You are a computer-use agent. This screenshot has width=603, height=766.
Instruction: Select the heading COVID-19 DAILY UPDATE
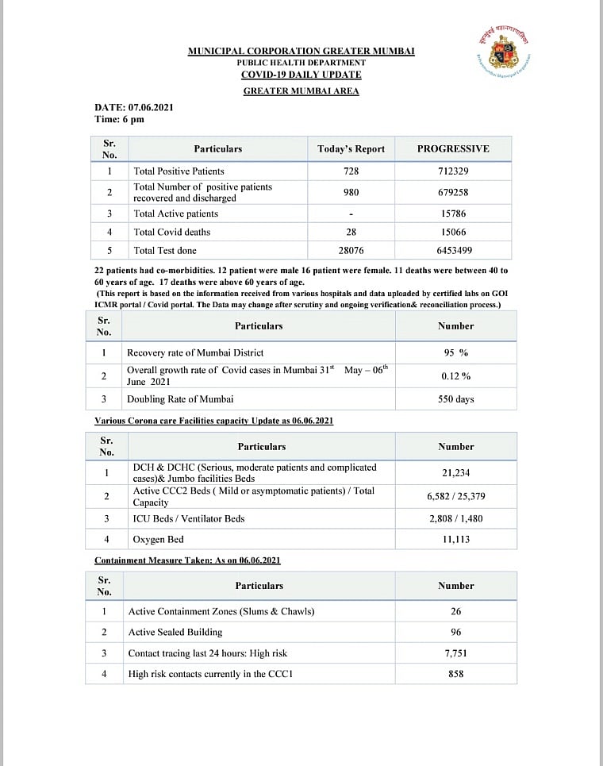click(301, 75)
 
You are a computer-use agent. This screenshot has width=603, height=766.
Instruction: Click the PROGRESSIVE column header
click(453, 148)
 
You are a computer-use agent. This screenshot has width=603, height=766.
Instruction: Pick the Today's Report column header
click(351, 148)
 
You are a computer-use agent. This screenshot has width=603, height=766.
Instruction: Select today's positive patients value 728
click(351, 171)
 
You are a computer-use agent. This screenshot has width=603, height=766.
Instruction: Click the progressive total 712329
click(453, 171)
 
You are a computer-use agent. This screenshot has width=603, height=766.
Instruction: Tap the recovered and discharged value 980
click(351, 192)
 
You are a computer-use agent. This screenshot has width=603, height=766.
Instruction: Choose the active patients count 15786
click(453, 214)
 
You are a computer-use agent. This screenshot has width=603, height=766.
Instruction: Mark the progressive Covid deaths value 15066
click(453, 232)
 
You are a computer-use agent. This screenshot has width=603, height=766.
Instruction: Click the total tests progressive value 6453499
click(453, 251)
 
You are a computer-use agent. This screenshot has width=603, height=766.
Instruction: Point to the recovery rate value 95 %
click(455, 352)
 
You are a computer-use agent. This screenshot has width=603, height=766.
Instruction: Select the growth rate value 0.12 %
click(455, 375)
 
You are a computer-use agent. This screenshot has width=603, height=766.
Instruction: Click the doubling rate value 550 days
click(455, 399)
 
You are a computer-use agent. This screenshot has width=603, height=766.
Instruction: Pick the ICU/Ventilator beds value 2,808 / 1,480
click(455, 518)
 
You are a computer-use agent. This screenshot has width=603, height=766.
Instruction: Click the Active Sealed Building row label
click(175, 632)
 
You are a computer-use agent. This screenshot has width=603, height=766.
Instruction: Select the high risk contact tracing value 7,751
click(455, 653)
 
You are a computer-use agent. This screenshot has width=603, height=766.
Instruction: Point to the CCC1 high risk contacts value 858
click(455, 674)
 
